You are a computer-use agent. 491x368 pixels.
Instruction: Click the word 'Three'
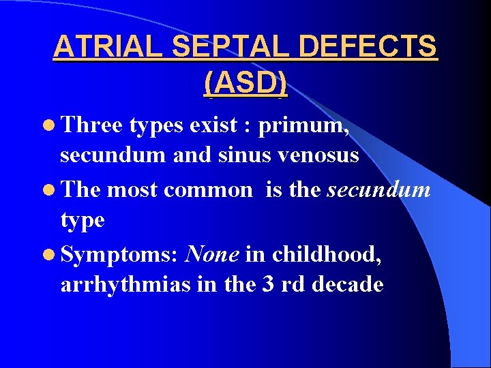click(91, 125)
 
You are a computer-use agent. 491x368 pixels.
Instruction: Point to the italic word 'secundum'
click(378, 189)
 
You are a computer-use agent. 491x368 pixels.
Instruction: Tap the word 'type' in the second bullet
click(83, 221)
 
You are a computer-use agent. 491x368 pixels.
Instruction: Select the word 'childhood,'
click(327, 254)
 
